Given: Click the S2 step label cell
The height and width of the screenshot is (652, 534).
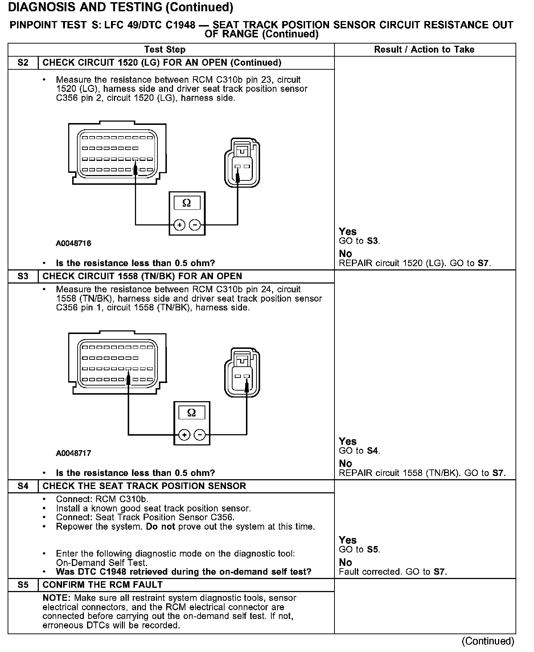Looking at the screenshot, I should click(x=23, y=63).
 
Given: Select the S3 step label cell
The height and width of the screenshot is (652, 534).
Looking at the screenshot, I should click(x=23, y=276).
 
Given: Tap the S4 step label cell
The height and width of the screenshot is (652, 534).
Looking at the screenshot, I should click(x=23, y=486).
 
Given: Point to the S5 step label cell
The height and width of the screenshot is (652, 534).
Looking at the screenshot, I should click(x=23, y=585).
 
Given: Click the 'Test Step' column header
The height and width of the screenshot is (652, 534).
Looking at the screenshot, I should click(x=165, y=49).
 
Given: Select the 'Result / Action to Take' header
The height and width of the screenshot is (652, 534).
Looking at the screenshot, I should click(x=424, y=49).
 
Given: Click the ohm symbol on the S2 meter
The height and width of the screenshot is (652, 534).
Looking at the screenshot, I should click(x=187, y=203).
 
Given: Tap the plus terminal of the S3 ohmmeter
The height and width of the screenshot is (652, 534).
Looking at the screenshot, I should click(x=184, y=435).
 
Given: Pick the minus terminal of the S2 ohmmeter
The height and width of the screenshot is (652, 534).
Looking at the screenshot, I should click(x=195, y=225).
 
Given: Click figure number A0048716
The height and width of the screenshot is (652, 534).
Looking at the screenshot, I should click(x=74, y=243).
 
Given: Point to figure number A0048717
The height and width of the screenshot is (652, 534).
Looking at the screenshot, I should click(x=74, y=453).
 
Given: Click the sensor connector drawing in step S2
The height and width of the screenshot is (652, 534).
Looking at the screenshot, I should click(x=242, y=162).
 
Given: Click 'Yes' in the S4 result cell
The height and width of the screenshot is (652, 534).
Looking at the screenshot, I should click(x=348, y=540).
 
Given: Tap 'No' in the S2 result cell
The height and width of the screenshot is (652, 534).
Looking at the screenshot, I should click(x=345, y=253).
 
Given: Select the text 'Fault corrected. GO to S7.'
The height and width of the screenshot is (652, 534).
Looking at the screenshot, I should click(x=393, y=572).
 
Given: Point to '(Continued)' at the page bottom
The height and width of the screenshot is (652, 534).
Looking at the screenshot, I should click(x=488, y=641).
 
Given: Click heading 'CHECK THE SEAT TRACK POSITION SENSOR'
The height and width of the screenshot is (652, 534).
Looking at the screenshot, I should click(x=144, y=486).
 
